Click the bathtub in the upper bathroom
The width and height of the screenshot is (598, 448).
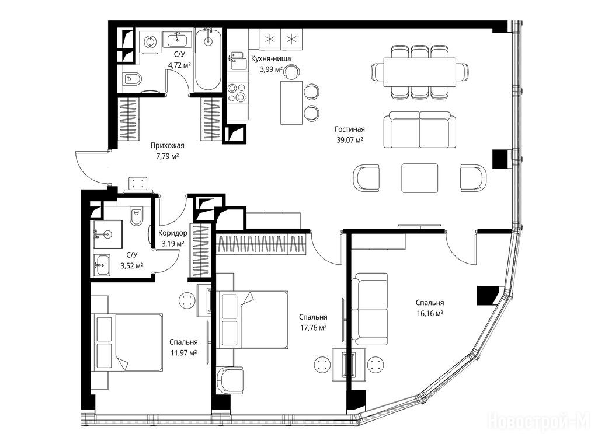[x=208, y=60]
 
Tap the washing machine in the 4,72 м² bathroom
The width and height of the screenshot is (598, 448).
[x=149, y=41]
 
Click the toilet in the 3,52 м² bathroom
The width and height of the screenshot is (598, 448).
[x=135, y=216]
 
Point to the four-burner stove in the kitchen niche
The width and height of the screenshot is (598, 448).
[x=237, y=93]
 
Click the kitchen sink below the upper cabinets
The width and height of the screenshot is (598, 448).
[x=238, y=61]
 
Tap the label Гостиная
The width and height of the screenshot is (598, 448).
[x=350, y=129]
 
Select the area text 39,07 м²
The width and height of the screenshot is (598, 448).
[x=350, y=140]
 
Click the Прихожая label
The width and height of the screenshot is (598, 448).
[x=168, y=145]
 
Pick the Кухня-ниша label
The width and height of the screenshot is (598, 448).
[x=271, y=59]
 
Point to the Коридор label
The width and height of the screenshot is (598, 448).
[x=173, y=233]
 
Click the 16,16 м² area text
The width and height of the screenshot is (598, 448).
[x=430, y=313]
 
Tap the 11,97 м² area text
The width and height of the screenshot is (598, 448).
[x=184, y=352]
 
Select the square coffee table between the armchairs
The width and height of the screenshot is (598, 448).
[x=419, y=178]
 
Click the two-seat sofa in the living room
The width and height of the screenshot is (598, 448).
[x=419, y=130]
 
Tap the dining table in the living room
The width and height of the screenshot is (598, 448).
[x=420, y=72]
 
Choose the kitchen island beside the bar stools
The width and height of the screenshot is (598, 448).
[x=292, y=103]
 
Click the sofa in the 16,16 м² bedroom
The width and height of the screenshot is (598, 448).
[x=369, y=309]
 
